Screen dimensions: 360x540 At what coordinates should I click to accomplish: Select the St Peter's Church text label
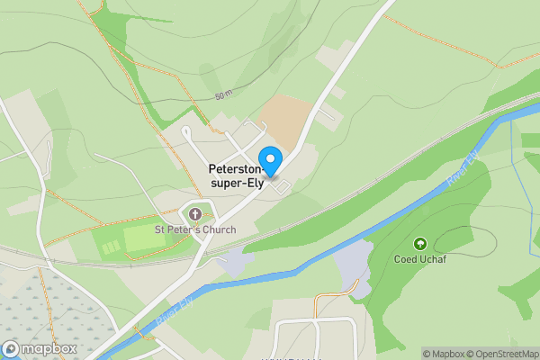tap(194, 229)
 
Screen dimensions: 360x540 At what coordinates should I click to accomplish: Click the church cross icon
tap(194, 213)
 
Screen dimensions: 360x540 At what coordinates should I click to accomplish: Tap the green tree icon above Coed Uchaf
tap(418, 244)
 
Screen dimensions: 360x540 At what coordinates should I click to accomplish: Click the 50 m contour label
tap(223, 94)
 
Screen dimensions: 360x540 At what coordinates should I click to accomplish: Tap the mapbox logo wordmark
tap(42, 349)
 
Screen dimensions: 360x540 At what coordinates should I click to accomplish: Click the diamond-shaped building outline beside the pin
tap(283, 186)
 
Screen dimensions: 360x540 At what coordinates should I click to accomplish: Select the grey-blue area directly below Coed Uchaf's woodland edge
tap(353, 270)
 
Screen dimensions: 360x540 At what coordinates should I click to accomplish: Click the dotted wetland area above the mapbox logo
tap(36, 301)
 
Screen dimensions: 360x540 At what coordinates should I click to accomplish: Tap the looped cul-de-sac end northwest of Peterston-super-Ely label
tap(186, 132)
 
